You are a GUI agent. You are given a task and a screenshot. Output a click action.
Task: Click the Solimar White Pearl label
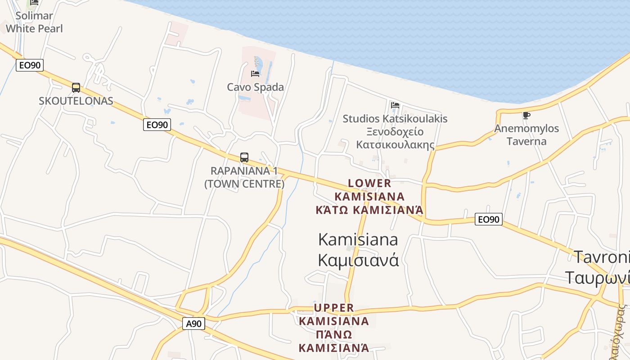(34, 22)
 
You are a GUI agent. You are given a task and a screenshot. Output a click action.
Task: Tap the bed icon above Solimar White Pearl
(34, 2)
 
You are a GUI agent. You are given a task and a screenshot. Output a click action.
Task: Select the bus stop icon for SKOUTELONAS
(76, 88)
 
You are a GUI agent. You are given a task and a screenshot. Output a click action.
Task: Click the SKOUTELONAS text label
(76, 101)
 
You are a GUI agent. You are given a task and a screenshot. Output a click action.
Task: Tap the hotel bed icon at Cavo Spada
(255, 73)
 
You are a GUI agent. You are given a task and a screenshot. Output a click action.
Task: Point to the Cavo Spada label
(255, 87)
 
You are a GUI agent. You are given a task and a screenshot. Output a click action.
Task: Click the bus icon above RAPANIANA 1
(244, 157)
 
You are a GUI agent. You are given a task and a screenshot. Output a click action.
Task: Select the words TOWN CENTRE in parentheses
(244, 184)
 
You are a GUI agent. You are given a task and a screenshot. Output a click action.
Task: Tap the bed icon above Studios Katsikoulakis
(395, 105)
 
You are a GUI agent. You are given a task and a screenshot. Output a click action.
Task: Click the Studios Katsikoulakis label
(395, 119)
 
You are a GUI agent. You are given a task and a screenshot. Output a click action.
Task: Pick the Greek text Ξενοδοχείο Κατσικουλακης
(395, 138)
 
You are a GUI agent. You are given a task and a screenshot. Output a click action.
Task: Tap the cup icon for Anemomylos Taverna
(526, 116)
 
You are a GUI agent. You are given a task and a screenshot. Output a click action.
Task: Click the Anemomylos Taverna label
(526, 135)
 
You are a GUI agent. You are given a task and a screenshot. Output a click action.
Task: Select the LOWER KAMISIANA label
(369, 190)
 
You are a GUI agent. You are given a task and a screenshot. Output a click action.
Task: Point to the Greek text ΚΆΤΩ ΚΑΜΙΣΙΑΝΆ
(369, 210)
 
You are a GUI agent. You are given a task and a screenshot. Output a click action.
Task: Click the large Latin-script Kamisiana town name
(358, 239)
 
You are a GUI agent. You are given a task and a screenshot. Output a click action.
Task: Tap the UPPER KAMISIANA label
(334, 315)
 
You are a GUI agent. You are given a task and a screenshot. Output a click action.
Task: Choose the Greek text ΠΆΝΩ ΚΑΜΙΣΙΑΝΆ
(334, 341)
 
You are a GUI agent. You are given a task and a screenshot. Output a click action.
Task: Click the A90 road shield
(193, 323)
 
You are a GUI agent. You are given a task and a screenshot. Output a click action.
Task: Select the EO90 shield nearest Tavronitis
(489, 220)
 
